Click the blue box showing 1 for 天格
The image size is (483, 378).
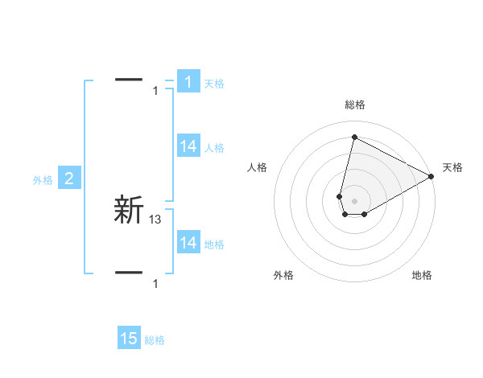click(188, 81)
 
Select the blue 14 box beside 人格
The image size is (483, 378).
click(188, 146)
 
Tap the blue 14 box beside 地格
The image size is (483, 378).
click(188, 243)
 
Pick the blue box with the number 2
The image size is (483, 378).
click(69, 179)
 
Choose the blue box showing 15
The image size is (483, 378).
click(129, 339)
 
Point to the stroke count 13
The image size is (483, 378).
click(155, 218)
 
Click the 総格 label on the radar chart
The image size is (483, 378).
click(354, 105)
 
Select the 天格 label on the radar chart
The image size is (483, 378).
click(452, 167)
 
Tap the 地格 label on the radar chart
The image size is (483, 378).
click(422, 275)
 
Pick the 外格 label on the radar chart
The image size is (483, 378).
click(283, 275)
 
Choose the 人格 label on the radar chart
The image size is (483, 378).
click(258, 167)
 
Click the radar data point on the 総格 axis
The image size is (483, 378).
click(354, 136)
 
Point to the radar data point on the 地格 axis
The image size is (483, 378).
click(365, 214)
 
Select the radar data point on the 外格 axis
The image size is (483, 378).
click(345, 214)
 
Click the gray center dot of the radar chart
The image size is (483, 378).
click(354, 200)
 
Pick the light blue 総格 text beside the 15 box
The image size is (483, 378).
click(155, 340)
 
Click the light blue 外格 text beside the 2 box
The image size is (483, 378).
click(43, 180)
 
